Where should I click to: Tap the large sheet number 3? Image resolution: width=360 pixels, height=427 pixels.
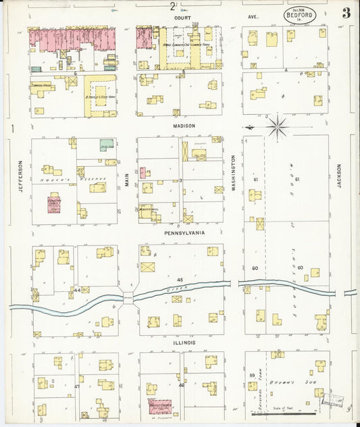345,13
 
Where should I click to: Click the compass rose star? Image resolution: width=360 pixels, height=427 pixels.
278,126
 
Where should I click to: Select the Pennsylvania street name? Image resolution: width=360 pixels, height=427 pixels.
184,232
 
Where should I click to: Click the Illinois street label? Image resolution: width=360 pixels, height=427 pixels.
183,343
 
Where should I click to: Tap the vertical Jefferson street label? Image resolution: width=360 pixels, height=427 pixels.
21,174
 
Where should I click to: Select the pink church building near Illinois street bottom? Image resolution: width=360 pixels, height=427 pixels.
159,405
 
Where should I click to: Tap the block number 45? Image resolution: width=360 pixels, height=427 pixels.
180,279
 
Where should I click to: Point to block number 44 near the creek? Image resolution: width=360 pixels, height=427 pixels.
77,289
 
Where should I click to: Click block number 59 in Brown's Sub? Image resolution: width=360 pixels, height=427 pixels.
252,375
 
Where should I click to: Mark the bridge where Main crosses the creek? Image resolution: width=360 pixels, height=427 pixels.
128,299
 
